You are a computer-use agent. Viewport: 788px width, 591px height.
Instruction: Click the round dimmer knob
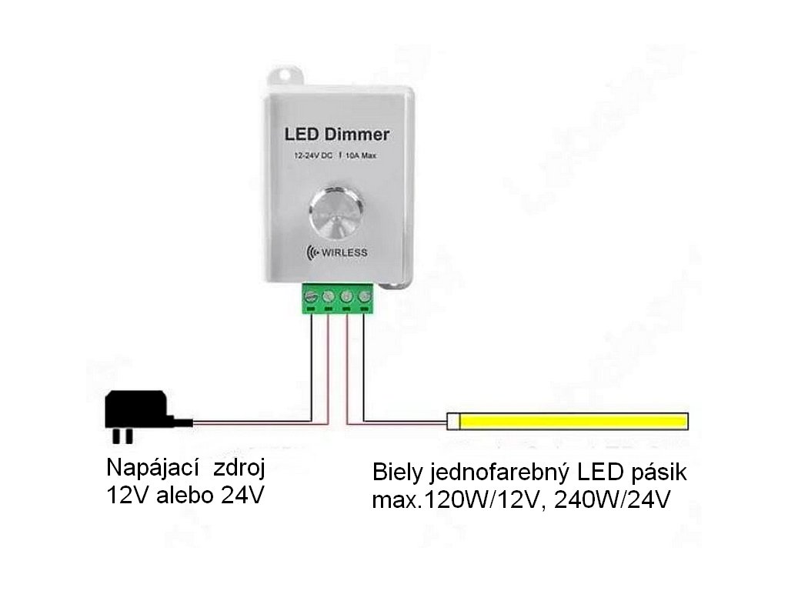click(336, 215)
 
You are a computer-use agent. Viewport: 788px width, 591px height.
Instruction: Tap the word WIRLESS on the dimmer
click(344, 253)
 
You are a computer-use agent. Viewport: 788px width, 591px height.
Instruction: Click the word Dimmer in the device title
click(355, 134)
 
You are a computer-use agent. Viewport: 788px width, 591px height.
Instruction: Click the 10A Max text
click(361, 157)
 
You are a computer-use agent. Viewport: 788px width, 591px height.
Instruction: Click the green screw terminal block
click(336, 298)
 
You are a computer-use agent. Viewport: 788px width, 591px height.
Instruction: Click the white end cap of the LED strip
click(454, 422)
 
